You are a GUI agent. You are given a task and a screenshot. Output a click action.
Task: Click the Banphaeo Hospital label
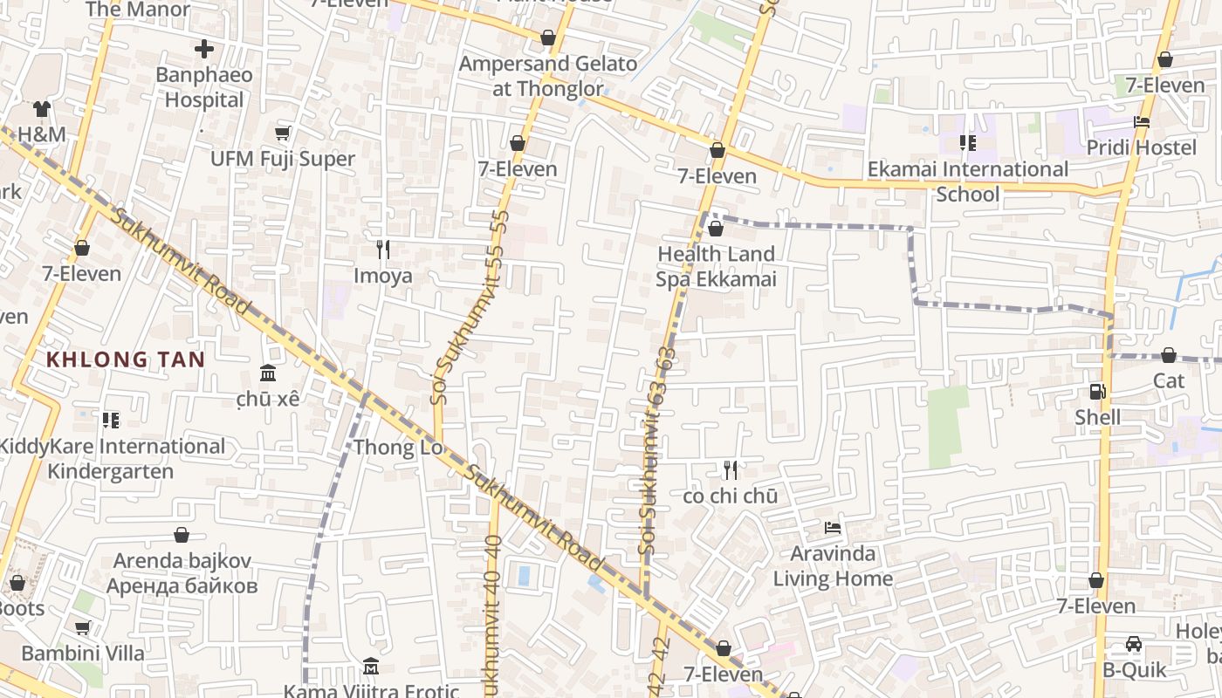click(204, 87)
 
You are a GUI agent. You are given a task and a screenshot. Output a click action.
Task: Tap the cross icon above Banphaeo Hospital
click(204, 49)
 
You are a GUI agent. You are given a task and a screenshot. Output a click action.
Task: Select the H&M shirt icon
click(42, 109)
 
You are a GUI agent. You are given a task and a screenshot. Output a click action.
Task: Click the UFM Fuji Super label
click(283, 159)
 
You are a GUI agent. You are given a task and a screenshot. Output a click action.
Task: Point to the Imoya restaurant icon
click(382, 250)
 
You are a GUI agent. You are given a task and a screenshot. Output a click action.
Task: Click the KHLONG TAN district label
click(126, 359)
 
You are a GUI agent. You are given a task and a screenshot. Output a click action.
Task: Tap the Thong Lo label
click(398, 448)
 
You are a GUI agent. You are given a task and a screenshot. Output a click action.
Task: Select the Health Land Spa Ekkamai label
click(716, 266)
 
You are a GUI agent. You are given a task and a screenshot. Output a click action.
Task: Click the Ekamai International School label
click(967, 181)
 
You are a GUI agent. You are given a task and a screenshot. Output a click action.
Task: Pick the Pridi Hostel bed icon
click(1142, 122)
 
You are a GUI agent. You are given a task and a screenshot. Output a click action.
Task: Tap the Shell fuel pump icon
click(1097, 392)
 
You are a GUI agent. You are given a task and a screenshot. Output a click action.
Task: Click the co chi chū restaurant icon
click(731, 470)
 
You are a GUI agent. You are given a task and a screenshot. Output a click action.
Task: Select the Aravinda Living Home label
click(833, 565)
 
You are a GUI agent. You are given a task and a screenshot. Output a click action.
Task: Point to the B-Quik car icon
click(1134, 645)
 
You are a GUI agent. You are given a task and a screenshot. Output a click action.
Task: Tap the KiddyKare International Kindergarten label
click(110, 459)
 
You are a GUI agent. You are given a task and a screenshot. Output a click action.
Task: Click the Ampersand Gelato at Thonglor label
click(548, 76)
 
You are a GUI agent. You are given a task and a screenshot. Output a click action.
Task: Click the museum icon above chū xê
click(268, 373)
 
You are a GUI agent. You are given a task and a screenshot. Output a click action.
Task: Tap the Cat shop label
click(1169, 380)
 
